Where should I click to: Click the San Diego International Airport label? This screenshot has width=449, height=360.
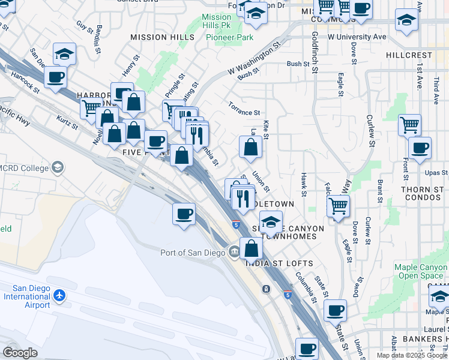point(26,296)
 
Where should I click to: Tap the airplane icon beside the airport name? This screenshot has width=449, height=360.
point(59,296)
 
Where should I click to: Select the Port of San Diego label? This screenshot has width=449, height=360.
point(192,252)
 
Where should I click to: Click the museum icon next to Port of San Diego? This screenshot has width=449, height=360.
point(233,251)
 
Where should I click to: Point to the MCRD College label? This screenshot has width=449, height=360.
point(24,167)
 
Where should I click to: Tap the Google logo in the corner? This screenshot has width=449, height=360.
point(20,353)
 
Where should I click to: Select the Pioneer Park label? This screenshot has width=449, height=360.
point(229,37)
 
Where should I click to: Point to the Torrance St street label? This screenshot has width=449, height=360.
point(244,112)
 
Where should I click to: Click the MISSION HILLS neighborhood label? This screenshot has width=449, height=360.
point(163,37)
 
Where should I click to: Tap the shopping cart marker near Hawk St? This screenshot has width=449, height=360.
point(339,206)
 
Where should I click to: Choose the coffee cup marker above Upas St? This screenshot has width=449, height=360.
point(420,148)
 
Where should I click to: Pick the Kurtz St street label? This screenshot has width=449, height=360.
point(67,122)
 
